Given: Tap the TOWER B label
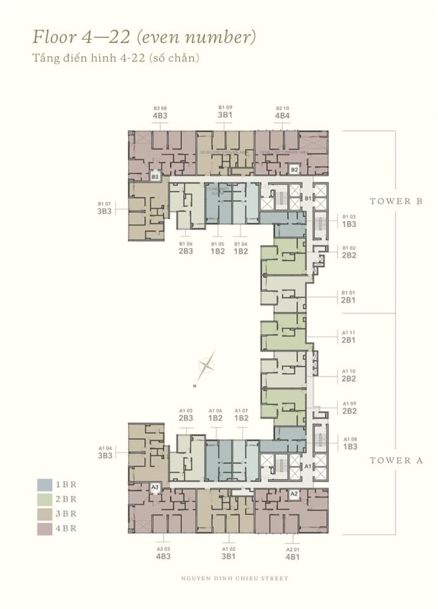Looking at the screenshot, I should pos(396,201).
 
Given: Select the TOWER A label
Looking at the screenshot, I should pos(396,461).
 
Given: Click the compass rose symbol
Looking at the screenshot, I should pos(206,365).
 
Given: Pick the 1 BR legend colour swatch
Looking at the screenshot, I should pos(44,485).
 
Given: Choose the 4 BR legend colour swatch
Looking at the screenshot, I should pos(44,528).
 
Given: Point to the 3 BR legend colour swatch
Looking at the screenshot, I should pos(44,514).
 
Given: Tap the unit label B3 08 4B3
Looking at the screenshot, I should pos(160,112).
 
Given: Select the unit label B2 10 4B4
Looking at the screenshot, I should pos(282,112).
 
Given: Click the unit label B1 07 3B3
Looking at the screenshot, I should pos(105,207).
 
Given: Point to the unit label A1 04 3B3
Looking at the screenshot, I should pos(105,452).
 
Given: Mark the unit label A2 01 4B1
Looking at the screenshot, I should pos(292,553).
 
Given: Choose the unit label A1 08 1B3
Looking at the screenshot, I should pos(350,443).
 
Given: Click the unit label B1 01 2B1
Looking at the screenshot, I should pos(349,296).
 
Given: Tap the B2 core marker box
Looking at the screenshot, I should pos(294,170).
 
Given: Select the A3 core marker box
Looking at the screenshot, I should pos(155,487).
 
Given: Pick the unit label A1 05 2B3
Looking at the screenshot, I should pos(186,414).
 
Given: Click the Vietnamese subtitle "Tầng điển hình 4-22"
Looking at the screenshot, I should pos(116,58).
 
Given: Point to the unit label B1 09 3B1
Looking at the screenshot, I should pos(225,112).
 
